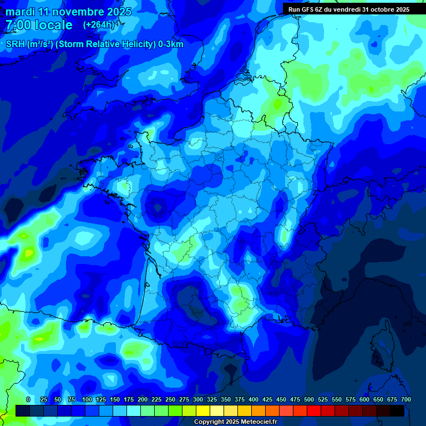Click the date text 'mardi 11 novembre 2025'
(x=68, y=12)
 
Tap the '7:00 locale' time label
(x=39, y=25)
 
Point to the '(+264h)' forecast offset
(x=99, y=25)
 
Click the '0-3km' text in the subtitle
(x=171, y=44)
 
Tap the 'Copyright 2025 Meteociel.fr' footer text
(x=235, y=422)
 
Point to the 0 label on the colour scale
(x=28, y=399)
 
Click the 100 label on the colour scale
(x=87, y=399)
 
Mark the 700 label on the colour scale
(x=405, y=399)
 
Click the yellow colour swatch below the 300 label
(x=203, y=410)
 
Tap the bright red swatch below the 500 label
(x=314, y=410)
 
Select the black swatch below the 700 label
(x=397, y=410)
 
